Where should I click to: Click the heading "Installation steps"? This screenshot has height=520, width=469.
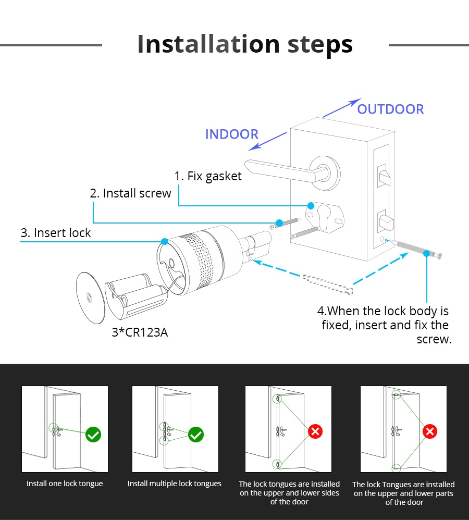click(245, 44)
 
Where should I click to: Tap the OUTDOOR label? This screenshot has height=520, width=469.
click(390, 109)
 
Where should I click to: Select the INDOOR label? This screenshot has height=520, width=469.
click(231, 134)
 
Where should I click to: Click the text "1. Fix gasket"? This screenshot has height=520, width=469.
click(208, 176)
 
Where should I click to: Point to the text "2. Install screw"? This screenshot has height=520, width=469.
click(130, 193)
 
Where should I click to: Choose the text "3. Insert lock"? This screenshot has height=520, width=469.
click(56, 232)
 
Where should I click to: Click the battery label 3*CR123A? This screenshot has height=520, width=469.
click(140, 332)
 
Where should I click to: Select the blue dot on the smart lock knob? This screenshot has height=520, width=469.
click(165, 241)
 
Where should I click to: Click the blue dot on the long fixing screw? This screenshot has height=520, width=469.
click(426, 253)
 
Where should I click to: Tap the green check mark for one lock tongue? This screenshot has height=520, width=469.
click(93, 434)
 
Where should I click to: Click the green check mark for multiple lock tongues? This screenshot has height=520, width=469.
click(196, 434)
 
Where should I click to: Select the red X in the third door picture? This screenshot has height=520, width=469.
click(315, 431)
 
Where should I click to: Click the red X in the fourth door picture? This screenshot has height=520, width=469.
click(429, 431)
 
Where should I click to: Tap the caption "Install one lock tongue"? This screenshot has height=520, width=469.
click(65, 484)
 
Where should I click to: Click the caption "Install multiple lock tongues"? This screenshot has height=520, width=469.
click(175, 484)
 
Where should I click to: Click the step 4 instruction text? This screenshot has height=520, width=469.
click(385, 325)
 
